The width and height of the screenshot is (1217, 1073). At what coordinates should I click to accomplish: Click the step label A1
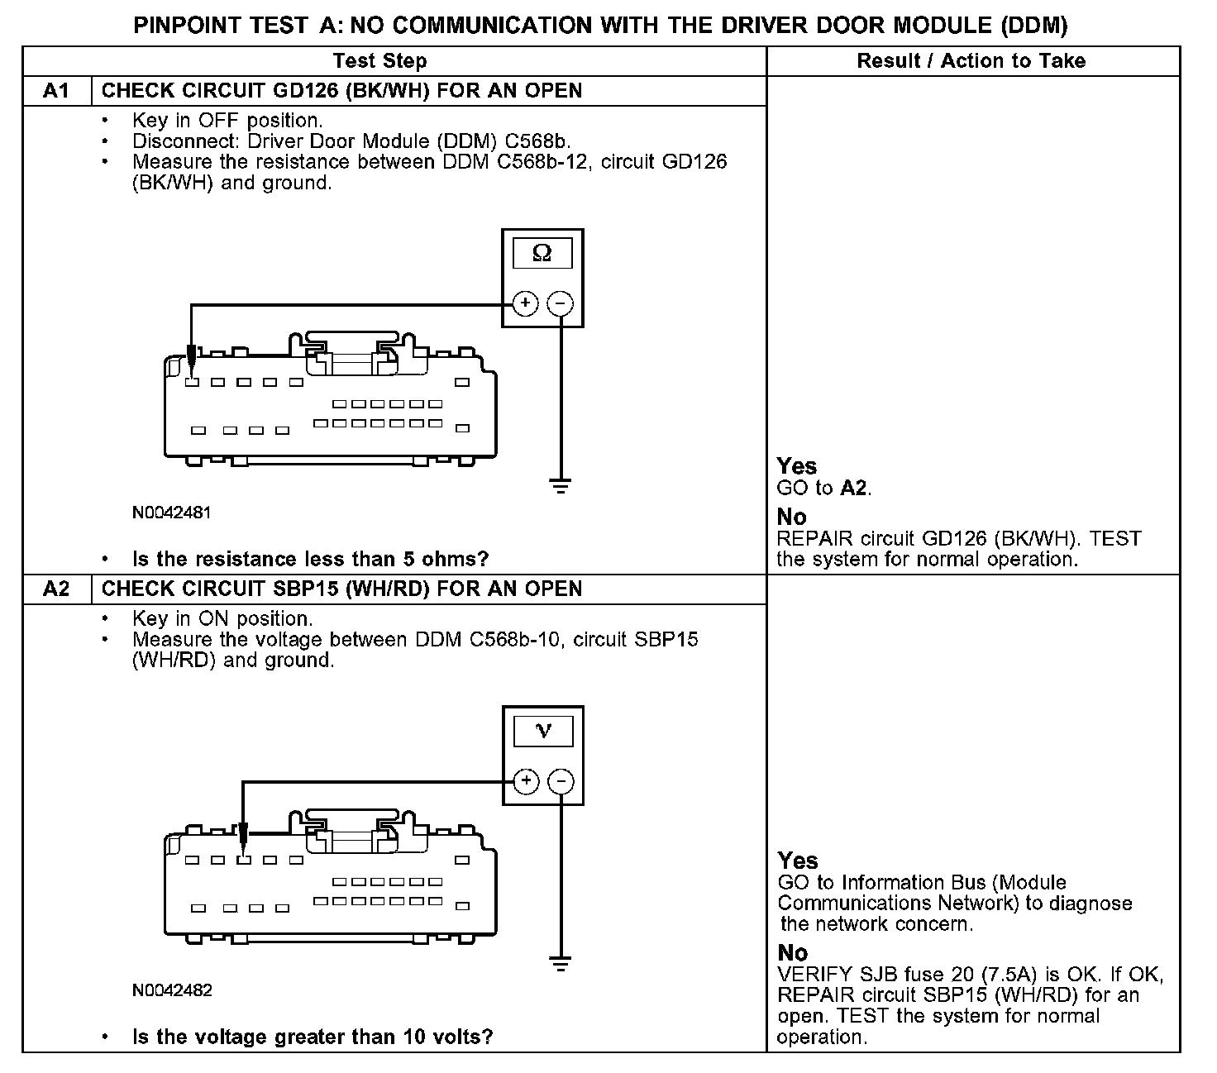tap(56, 91)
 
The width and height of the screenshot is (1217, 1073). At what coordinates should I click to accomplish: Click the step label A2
tap(56, 589)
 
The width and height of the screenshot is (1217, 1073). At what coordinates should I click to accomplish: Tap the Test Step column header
tap(379, 61)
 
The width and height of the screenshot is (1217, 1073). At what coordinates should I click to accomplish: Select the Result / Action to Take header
tap(971, 61)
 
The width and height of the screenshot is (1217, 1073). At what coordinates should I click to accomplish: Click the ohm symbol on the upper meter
tap(542, 253)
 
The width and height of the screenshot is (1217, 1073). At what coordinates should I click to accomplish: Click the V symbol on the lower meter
tap(543, 731)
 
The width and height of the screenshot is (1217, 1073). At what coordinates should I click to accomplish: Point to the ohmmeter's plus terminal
tap(525, 304)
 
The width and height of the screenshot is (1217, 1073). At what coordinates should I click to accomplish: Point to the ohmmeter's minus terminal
tap(561, 304)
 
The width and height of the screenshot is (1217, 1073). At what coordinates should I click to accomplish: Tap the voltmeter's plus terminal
tap(526, 781)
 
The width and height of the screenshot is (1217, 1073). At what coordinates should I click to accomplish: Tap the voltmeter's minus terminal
tap(561, 781)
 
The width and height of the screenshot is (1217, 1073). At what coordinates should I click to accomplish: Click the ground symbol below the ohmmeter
tap(561, 485)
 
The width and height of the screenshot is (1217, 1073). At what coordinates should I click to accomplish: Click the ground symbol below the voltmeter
tap(561, 962)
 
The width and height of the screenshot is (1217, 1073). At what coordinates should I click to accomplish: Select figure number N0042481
tap(171, 513)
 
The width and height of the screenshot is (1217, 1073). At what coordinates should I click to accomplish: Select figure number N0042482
tap(172, 990)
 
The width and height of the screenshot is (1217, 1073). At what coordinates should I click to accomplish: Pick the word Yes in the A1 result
tap(796, 466)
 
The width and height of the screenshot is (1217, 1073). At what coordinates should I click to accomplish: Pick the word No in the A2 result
tap(792, 952)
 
